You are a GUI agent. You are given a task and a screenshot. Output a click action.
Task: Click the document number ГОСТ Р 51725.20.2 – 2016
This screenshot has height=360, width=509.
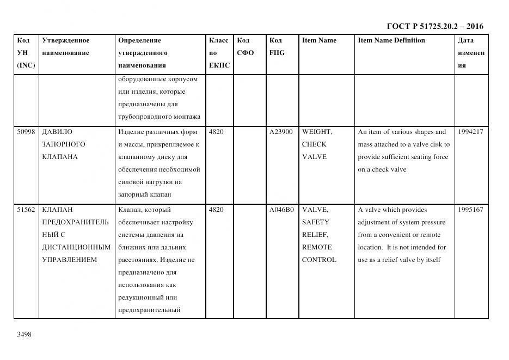434,26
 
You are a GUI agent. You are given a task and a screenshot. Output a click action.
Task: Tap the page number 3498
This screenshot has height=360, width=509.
24,334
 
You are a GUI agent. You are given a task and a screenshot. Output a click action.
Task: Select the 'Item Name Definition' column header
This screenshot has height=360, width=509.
391,40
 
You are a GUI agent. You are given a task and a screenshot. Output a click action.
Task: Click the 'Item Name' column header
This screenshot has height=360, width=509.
319,40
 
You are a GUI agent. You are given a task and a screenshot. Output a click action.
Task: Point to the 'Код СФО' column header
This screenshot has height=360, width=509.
246,47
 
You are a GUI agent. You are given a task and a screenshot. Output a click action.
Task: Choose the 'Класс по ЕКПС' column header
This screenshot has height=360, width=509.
219,53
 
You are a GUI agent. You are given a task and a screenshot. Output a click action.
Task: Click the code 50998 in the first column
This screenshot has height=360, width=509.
26,132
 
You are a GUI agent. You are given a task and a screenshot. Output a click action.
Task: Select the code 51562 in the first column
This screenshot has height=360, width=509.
26,210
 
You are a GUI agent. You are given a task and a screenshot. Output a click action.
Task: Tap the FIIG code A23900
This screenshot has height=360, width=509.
281,132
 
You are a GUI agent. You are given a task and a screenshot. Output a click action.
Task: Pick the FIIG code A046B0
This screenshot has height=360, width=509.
281,210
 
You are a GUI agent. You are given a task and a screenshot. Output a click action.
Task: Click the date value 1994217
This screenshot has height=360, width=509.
470,132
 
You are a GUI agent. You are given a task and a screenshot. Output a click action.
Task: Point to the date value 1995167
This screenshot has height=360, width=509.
470,210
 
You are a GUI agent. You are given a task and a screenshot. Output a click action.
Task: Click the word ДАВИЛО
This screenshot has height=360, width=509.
57,132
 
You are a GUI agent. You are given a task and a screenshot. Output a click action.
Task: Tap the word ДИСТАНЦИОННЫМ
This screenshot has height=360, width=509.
76,247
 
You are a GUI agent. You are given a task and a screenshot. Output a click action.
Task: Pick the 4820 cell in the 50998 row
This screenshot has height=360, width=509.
216,132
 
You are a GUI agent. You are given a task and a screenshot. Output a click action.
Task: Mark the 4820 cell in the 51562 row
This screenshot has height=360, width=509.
216,210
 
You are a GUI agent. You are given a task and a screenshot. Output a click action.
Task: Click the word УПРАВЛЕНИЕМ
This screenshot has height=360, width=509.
69,260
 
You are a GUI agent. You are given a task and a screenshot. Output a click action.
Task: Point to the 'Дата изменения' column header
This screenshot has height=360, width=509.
471,53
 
